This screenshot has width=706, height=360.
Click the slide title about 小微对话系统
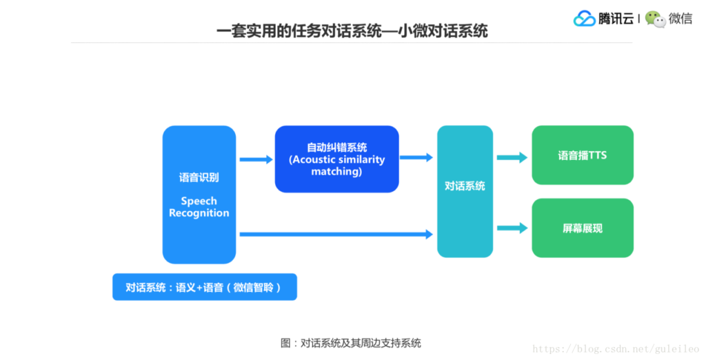tap(352, 31)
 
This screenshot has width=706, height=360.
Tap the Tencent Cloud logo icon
tap(584, 19)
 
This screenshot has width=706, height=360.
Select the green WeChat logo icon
tap(655, 19)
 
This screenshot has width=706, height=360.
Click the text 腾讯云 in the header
tap(616, 19)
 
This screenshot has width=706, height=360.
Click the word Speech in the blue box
tap(199, 201)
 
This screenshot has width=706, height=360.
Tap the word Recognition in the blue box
tap(199, 213)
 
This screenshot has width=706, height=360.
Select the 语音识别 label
tap(199, 177)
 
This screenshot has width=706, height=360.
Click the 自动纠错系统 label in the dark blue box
tap(336, 148)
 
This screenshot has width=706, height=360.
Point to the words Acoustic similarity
tap(336, 159)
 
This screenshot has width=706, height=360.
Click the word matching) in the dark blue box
tap(336, 171)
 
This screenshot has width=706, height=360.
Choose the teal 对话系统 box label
tap(465, 186)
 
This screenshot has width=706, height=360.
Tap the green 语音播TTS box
tap(583, 155)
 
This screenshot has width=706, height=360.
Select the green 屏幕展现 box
tap(583, 228)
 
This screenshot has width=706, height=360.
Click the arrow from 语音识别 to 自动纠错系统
tap(256, 159)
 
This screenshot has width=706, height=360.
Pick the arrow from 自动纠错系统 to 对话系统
tap(416, 157)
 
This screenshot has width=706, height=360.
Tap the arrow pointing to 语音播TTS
tap(512, 157)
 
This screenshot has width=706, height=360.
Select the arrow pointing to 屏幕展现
tap(512, 228)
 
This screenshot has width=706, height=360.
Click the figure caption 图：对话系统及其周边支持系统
tap(351, 343)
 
